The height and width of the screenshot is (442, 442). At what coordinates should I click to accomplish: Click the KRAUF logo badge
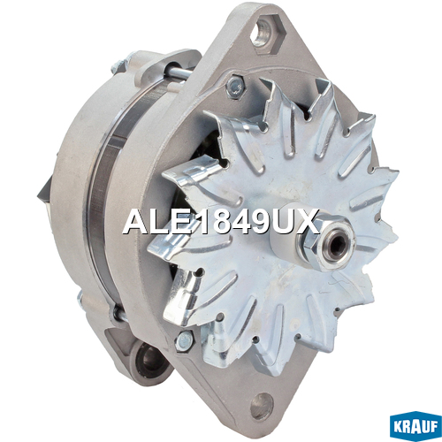tap(415, 425)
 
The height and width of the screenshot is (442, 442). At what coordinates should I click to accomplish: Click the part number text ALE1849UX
tap(221, 221)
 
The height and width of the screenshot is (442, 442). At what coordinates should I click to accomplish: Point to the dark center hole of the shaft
tap(339, 247)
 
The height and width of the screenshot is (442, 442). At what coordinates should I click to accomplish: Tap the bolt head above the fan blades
tap(235, 86)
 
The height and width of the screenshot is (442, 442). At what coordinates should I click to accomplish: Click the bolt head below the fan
tap(184, 340)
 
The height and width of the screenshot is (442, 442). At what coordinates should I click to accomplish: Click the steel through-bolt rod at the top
tap(177, 72)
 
